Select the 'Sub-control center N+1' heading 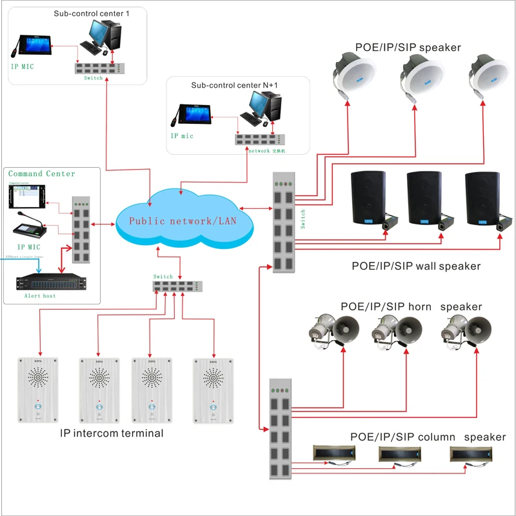[236, 85]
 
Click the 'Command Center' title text [41, 174]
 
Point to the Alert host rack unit [50, 282]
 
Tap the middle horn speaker [395, 330]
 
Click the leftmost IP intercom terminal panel [39, 389]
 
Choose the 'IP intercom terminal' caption [112, 433]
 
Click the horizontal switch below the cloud [178, 286]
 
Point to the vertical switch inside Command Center [81, 230]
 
